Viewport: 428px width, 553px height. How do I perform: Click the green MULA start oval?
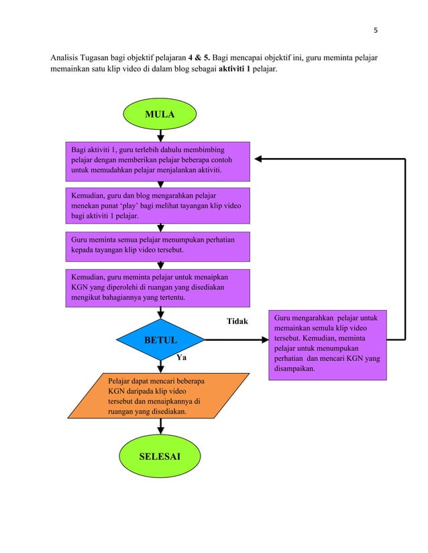click(160, 114)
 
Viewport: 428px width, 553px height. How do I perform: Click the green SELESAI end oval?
click(160, 457)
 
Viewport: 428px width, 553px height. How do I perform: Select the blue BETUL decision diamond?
click(161, 340)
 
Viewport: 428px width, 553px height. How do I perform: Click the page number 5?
click(375, 29)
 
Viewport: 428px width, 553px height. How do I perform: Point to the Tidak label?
click(237, 321)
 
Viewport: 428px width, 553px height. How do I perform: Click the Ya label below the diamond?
click(180, 358)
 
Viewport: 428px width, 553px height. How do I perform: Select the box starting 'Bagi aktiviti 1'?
click(157, 161)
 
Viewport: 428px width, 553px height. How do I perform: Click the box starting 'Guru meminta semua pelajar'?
click(157, 246)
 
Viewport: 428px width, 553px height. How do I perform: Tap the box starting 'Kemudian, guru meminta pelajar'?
click(157, 288)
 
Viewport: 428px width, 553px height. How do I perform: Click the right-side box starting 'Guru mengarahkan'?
click(327, 344)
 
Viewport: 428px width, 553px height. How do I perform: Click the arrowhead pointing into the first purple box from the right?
click(258, 159)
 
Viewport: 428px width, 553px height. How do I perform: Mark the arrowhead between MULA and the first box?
click(160, 138)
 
